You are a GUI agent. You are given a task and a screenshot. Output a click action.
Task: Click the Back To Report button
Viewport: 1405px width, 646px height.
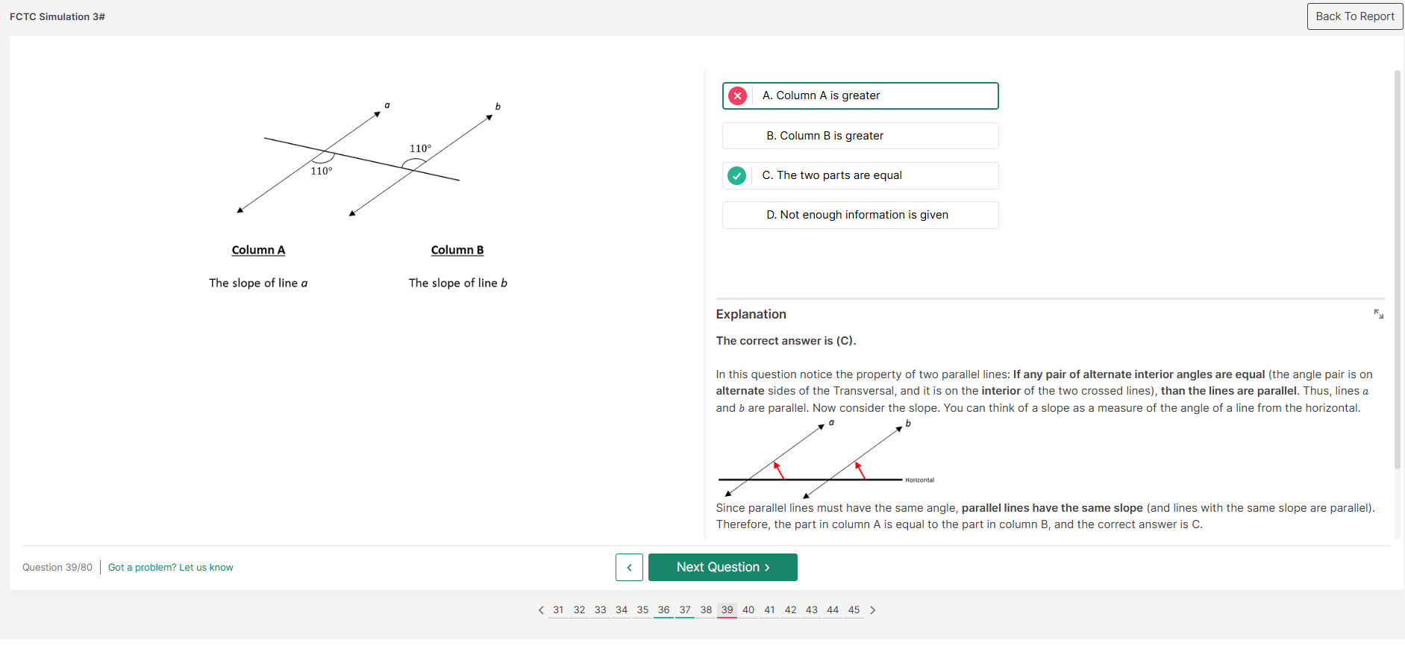pos(1354,16)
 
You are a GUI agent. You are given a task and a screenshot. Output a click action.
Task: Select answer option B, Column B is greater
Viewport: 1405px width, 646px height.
pos(860,136)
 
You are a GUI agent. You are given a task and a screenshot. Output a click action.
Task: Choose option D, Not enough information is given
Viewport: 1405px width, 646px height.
pos(860,215)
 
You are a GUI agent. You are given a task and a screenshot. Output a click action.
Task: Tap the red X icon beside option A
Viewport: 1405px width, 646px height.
pos(737,95)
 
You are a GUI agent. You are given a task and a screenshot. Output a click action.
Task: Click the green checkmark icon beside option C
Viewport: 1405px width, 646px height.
pos(736,175)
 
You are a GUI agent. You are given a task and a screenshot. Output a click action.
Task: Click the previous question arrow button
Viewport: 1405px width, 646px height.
pos(629,568)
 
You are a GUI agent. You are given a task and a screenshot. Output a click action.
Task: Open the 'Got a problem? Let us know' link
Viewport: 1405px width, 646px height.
pos(171,568)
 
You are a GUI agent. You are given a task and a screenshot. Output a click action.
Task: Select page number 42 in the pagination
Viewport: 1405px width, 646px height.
pos(790,610)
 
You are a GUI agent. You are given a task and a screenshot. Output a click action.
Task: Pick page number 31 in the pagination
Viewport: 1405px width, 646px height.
pos(558,610)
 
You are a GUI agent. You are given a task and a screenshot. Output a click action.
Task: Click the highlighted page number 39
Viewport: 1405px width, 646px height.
pos(727,610)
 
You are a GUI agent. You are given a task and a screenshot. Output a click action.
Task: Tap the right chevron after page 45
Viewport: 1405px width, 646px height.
pos(872,610)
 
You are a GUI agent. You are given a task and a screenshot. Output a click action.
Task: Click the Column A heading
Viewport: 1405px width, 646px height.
pos(258,250)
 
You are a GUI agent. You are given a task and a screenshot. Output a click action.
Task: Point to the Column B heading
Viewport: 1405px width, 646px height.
pos(457,250)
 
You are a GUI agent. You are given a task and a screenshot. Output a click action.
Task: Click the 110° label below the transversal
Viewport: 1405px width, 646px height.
pos(322,172)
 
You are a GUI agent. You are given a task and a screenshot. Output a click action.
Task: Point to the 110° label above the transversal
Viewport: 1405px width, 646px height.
pos(420,148)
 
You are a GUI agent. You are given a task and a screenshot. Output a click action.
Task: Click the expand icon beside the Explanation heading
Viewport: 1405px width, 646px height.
pos(1378,314)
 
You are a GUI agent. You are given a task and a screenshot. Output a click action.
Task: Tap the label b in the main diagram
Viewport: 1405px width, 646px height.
pos(498,107)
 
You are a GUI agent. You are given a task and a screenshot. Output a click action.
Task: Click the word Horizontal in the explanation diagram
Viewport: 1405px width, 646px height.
pos(919,480)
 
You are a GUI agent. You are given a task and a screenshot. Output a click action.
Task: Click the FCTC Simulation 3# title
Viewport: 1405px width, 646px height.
pos(57,16)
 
